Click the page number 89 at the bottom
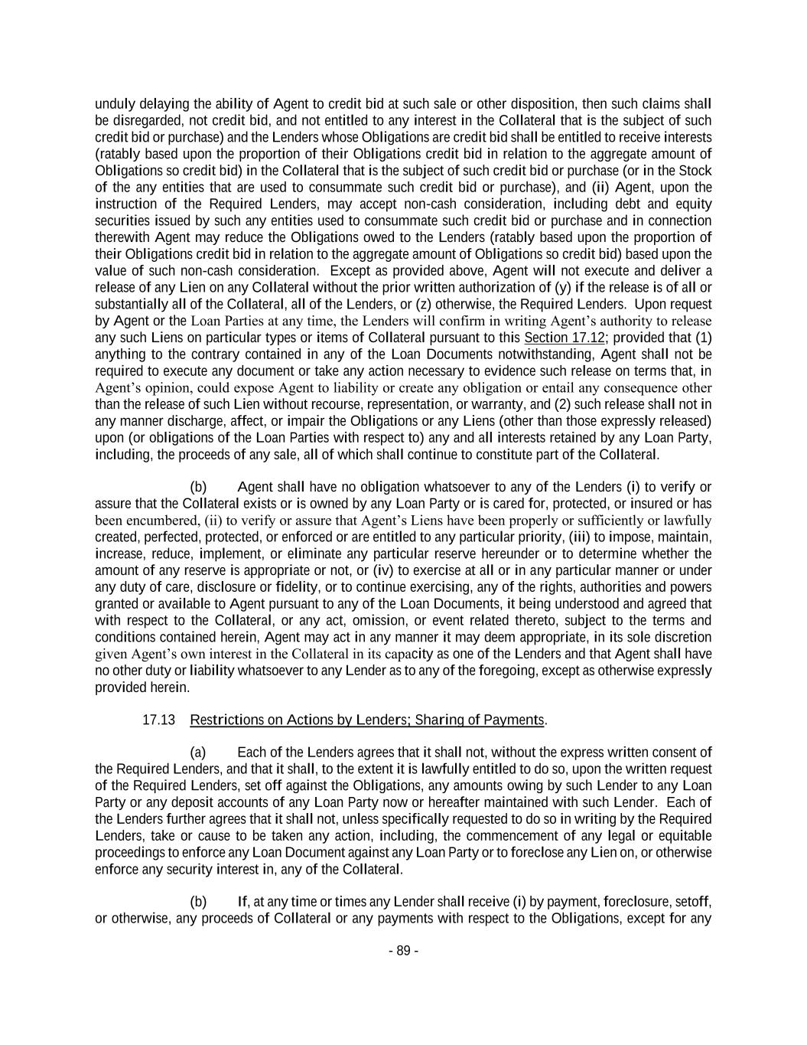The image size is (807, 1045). (x=403, y=951)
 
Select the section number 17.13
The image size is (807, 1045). (x=159, y=720)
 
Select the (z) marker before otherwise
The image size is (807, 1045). (x=424, y=304)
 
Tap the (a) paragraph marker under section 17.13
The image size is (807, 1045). (x=198, y=753)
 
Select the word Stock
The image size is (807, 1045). (x=695, y=171)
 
